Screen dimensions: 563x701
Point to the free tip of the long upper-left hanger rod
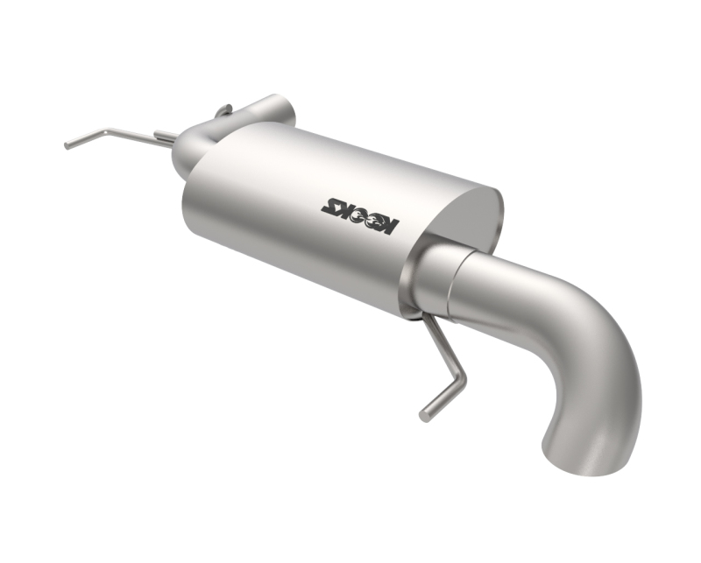click(x=67, y=145)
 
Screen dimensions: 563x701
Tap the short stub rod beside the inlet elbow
click(x=164, y=136)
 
